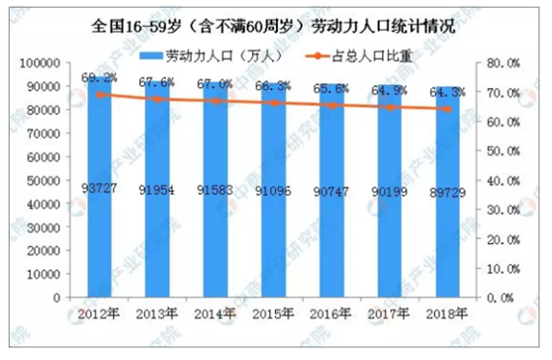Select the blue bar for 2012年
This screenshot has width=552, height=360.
click(x=97, y=188)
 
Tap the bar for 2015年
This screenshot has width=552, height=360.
click(x=273, y=193)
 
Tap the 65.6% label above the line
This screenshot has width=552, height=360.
click(x=331, y=87)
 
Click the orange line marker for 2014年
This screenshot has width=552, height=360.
click(x=215, y=101)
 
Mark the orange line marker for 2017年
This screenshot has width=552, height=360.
click(x=390, y=107)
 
